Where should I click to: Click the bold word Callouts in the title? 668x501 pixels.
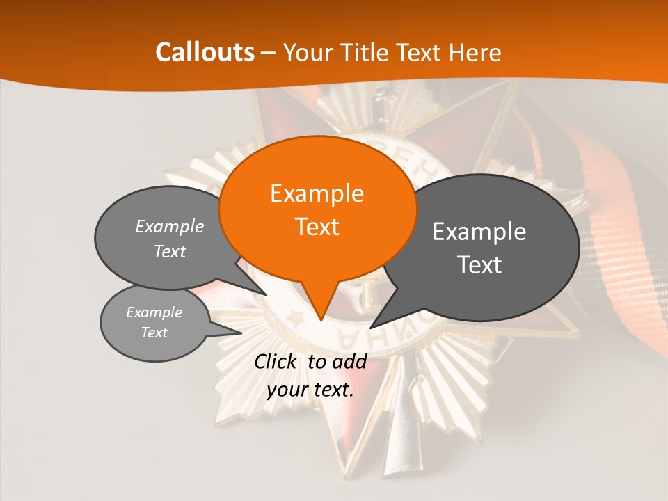pyautogui.click(x=205, y=52)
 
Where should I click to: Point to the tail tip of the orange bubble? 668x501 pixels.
pyautogui.click(x=321, y=320)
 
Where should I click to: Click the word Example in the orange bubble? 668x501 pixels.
pyautogui.click(x=317, y=193)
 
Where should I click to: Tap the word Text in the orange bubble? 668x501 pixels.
pyautogui.click(x=317, y=227)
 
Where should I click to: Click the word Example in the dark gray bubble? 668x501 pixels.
pyautogui.click(x=479, y=232)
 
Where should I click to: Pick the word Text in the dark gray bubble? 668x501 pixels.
pyautogui.click(x=479, y=265)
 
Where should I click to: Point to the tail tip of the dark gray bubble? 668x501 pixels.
pyautogui.click(x=371, y=327)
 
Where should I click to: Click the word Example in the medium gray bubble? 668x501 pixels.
pyautogui.click(x=170, y=226)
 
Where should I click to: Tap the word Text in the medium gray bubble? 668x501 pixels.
pyautogui.click(x=170, y=251)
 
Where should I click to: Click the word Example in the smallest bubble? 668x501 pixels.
pyautogui.click(x=154, y=312)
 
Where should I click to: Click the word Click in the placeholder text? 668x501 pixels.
pyautogui.click(x=276, y=361)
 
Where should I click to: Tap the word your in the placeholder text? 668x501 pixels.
pyautogui.click(x=287, y=390)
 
